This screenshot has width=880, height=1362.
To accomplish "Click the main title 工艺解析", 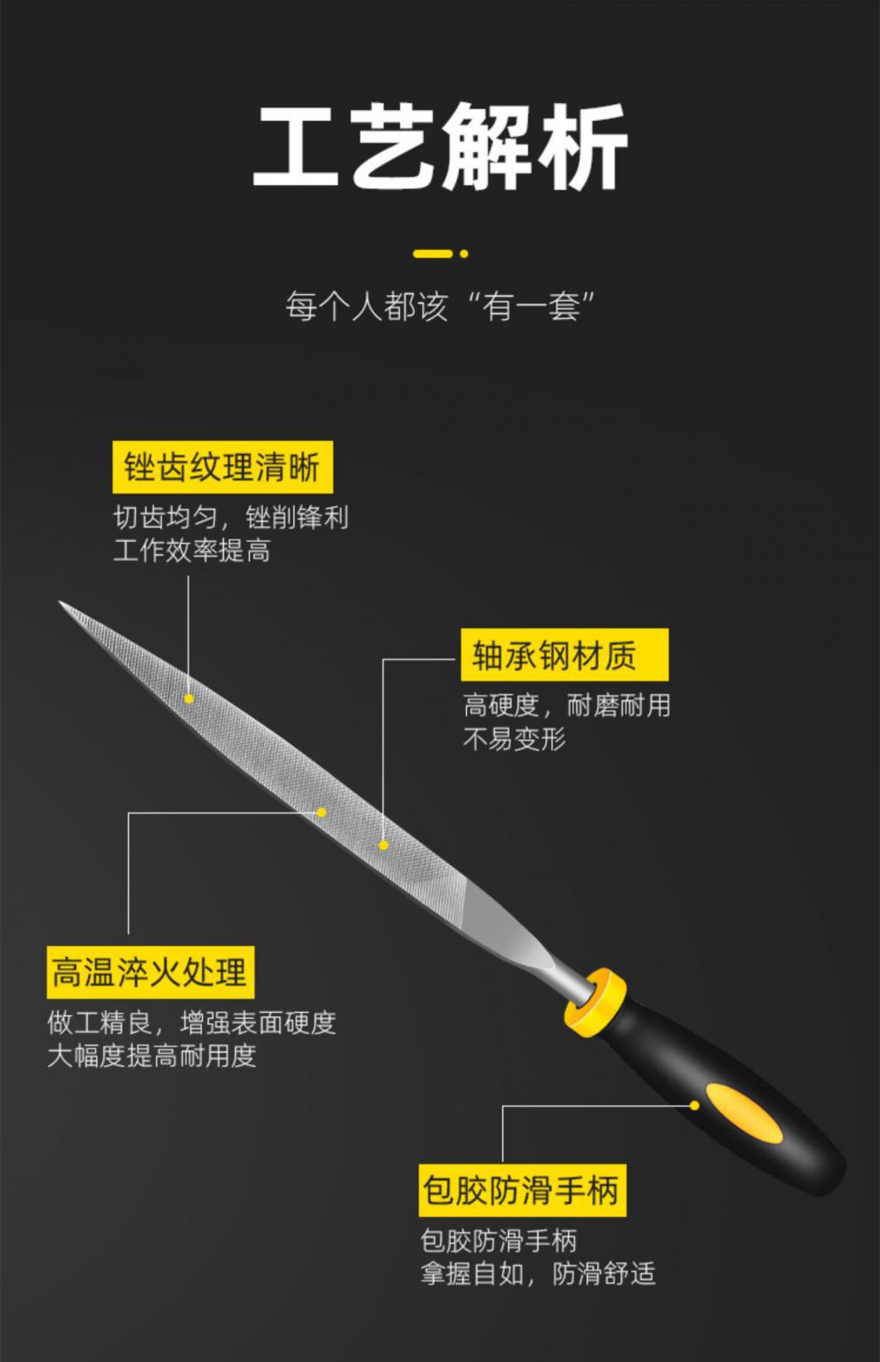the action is point(440,147).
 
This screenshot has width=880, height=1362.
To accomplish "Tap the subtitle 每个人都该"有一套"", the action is point(440,307).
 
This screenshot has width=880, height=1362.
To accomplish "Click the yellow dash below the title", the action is point(433,254).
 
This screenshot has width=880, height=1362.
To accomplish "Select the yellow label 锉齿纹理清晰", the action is point(222,467).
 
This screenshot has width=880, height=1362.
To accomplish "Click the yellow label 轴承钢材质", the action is point(564,656).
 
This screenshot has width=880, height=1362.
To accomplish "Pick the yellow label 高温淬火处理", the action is point(149,972).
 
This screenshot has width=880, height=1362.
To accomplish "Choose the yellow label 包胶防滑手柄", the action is point(522,1190).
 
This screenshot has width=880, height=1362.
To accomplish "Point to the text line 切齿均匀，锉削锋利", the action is point(230,517).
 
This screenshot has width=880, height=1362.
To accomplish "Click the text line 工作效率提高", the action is point(192,551).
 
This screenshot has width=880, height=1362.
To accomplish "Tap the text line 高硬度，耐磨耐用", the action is point(566,705).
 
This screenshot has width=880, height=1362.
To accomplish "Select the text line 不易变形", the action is point(514,738).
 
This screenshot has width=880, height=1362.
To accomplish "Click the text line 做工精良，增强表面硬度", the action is point(192,1023).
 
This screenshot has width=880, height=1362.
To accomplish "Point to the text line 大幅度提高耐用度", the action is point(152,1055).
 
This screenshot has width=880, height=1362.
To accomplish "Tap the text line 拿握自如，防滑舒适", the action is point(537,1274).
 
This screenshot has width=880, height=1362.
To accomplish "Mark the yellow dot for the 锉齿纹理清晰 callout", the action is point(188,699).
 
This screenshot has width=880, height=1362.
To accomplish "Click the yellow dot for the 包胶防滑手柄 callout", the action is point(695,1105).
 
